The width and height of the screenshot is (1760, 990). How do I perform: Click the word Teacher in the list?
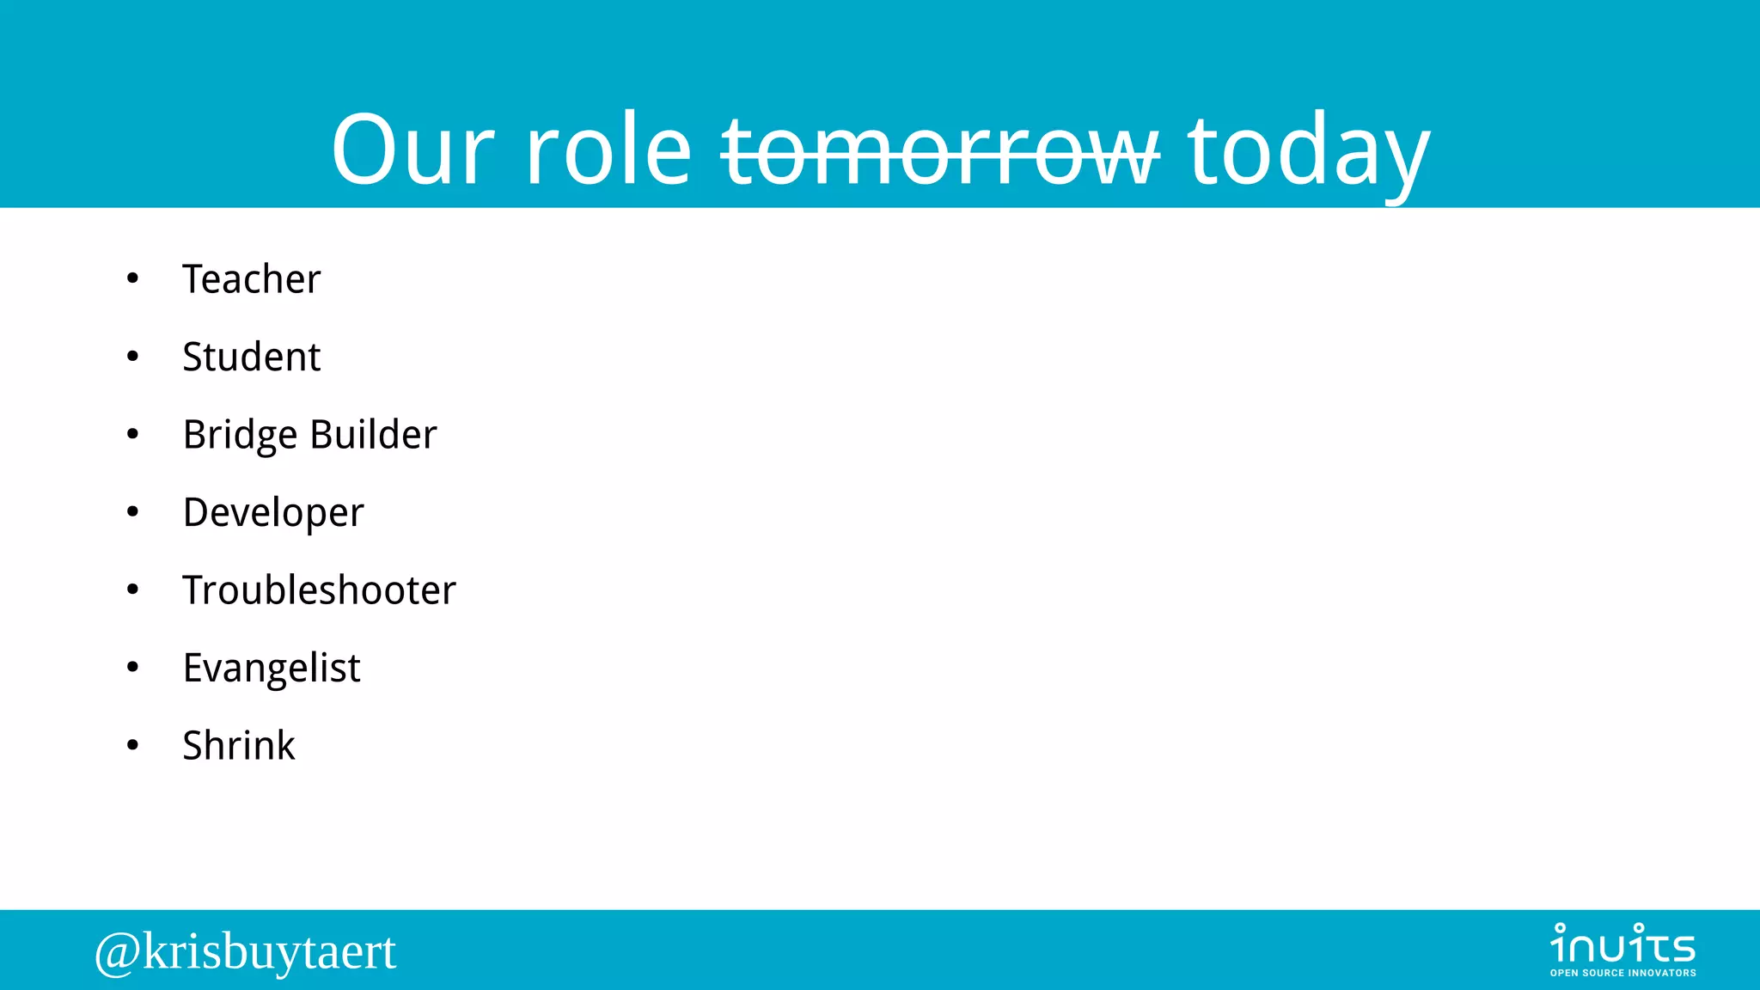point(251,279)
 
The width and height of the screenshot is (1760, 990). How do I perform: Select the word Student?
point(251,357)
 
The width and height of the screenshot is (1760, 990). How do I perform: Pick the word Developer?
point(273,513)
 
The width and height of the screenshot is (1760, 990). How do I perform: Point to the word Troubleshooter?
point(319,590)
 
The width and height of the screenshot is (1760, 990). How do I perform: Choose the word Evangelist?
point(272,669)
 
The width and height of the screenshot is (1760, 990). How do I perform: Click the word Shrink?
point(239,746)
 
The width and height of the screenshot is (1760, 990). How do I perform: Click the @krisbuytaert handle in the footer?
point(246,951)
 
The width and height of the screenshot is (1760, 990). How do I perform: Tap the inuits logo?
point(1622,944)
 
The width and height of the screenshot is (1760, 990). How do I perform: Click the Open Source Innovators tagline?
point(1622,973)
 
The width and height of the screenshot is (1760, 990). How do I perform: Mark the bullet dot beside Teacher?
point(132,278)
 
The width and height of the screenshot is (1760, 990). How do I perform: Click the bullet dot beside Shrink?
point(132,745)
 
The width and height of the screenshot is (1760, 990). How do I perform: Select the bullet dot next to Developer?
point(132,512)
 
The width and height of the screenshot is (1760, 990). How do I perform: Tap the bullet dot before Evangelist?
point(132,668)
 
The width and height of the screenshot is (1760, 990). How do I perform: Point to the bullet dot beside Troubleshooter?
point(132,590)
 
